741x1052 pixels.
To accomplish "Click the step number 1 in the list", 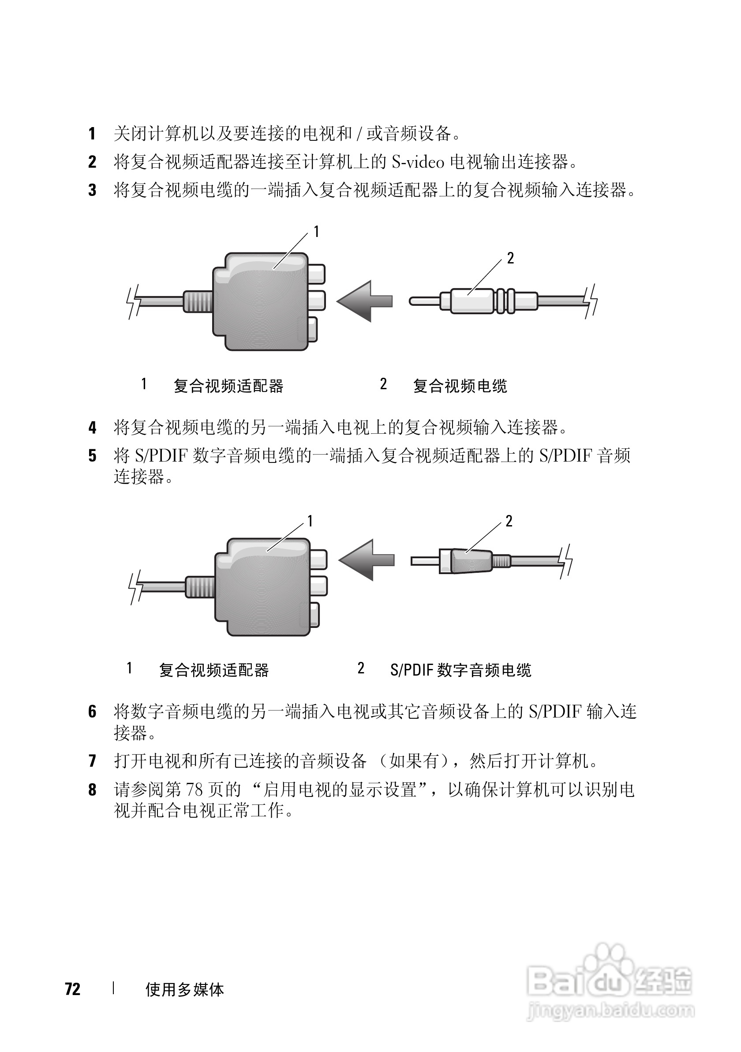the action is [x=92, y=134].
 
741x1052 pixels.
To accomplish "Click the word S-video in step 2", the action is [x=418, y=162].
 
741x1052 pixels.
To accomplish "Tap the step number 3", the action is [x=92, y=190].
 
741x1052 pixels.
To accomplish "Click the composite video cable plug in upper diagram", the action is [x=472, y=301].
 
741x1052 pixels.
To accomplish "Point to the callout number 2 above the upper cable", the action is [x=510, y=259].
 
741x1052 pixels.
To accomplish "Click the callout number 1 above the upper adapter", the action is [x=316, y=232].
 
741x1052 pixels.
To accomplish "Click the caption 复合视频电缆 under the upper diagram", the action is [x=460, y=386].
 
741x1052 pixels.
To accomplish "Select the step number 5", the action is [x=92, y=456].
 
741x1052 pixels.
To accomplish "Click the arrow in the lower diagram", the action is [x=367, y=560].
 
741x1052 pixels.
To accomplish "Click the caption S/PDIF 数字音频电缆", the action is [x=460, y=670].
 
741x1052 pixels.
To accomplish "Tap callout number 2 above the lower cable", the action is [x=509, y=521].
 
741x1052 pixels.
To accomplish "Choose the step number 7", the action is [x=92, y=761].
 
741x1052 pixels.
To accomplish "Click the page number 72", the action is [x=73, y=989].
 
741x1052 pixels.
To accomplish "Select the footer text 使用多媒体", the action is [x=184, y=990].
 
